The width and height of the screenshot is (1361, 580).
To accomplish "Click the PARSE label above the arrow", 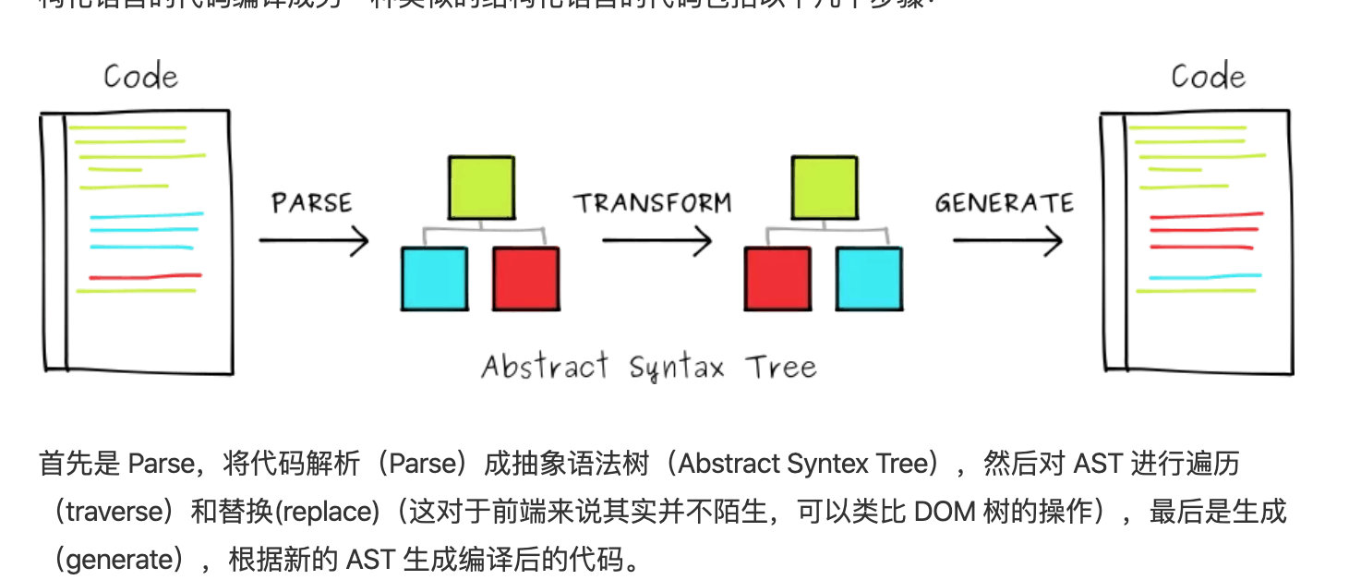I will [312, 202].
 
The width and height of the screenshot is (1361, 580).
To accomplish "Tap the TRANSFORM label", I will [653, 202].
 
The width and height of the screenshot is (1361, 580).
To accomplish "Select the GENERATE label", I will [1004, 202].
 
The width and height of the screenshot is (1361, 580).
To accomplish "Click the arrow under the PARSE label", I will [314, 242].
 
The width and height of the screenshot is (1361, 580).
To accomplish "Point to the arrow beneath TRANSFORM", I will [656, 242].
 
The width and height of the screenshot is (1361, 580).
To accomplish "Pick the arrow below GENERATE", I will [1007, 242].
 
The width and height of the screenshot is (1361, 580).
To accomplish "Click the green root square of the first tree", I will [481, 187].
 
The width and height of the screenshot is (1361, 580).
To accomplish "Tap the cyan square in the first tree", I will [434, 278].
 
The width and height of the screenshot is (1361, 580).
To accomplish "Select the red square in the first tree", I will [525, 278].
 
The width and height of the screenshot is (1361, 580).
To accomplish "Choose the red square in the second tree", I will [777, 278].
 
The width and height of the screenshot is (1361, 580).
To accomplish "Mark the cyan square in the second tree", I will [870, 278].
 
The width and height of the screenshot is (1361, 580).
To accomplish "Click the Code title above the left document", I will [140, 76].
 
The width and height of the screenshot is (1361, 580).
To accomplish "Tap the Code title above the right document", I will [1208, 76].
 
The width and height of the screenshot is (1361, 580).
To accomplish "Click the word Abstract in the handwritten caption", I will [545, 367].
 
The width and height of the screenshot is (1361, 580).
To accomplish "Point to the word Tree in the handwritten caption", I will [781, 367].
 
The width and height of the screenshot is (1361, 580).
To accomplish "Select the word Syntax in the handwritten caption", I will [680, 369].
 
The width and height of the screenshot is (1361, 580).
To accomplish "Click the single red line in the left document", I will [145, 276].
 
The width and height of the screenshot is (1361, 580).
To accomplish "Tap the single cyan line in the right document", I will [1205, 276].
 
